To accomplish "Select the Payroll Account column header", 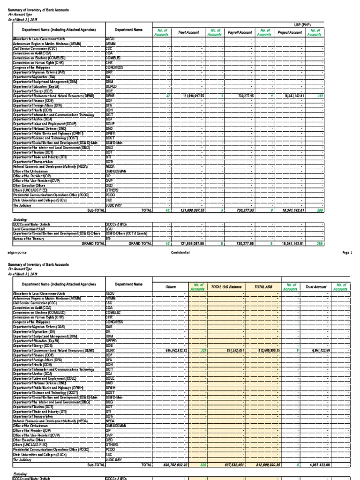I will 240,33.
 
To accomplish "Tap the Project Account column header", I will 289,33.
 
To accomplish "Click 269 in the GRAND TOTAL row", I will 320,244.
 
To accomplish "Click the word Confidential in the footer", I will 180,252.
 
